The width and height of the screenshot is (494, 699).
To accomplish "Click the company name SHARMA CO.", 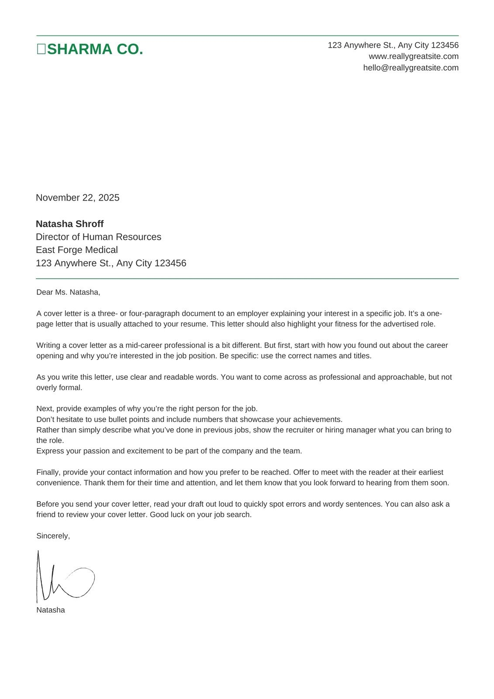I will coord(95,49).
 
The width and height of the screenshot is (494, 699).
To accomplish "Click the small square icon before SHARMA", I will coord(41,49).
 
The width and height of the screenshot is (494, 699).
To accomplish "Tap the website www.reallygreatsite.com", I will coord(413,56).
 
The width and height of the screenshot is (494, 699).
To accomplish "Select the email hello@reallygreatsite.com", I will coord(411,68).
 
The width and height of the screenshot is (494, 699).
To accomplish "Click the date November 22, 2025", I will coord(77,197).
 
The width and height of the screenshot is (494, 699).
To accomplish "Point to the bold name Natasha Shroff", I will coord(69,224).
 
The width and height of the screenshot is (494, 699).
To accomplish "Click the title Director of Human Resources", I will coord(98,237).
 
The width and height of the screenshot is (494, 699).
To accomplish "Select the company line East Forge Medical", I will coord(76,250).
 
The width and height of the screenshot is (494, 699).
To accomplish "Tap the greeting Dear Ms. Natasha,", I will coord(68,292).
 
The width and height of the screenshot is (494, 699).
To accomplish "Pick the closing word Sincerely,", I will coord(53,536).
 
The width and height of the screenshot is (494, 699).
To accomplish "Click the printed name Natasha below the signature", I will coord(51,610).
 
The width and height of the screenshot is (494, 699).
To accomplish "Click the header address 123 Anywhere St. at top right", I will coord(393,45).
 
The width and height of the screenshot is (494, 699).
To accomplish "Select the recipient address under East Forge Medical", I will coord(111,263).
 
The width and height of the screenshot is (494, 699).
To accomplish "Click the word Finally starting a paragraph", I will coord(48,472).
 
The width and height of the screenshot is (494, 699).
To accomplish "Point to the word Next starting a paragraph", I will coord(44,408).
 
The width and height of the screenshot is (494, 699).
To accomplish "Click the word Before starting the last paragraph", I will coord(47,504).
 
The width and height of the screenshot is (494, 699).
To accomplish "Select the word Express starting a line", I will coord(50,451).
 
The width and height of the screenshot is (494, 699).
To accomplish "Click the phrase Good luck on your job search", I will coord(200,515).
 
